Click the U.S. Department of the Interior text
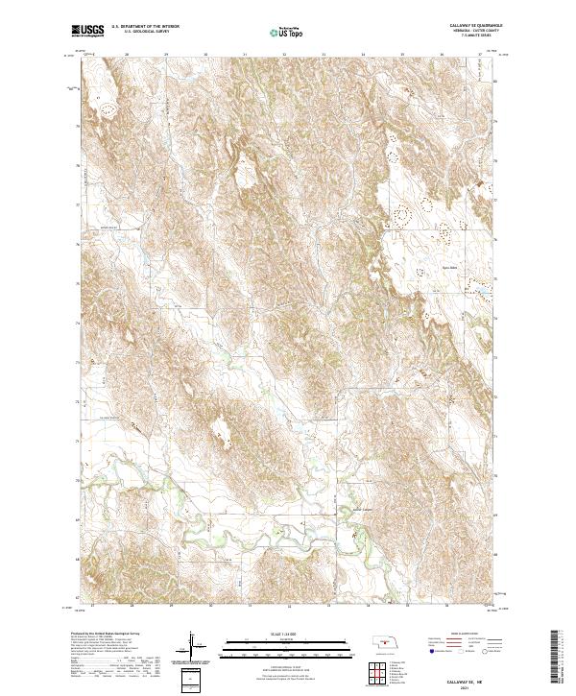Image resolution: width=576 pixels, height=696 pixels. (145, 27)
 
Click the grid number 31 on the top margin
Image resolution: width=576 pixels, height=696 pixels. (245, 55)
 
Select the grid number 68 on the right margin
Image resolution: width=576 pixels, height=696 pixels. (495, 554)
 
